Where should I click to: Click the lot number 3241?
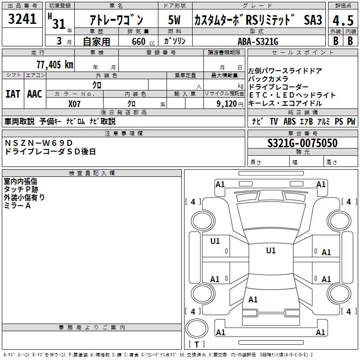[22, 18]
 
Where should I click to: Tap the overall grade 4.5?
[343, 20]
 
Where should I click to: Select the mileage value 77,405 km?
[55, 64]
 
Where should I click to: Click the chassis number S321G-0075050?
[302, 143]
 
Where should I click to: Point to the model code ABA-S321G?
[258, 41]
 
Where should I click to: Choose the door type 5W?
[174, 20]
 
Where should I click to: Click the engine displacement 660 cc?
[143, 41]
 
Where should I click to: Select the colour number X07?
[74, 104]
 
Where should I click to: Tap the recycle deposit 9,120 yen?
[230, 104]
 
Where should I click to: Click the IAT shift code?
[13, 94]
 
